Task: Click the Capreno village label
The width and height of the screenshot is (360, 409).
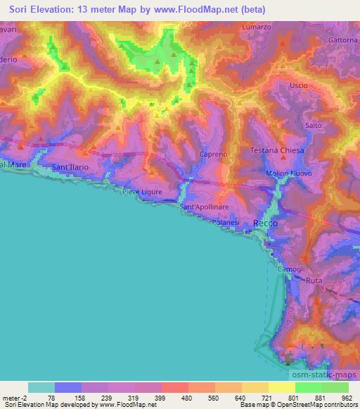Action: tap(213, 153)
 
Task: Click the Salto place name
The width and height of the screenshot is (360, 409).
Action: tap(314, 125)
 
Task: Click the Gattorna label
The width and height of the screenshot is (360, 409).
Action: tap(342, 40)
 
